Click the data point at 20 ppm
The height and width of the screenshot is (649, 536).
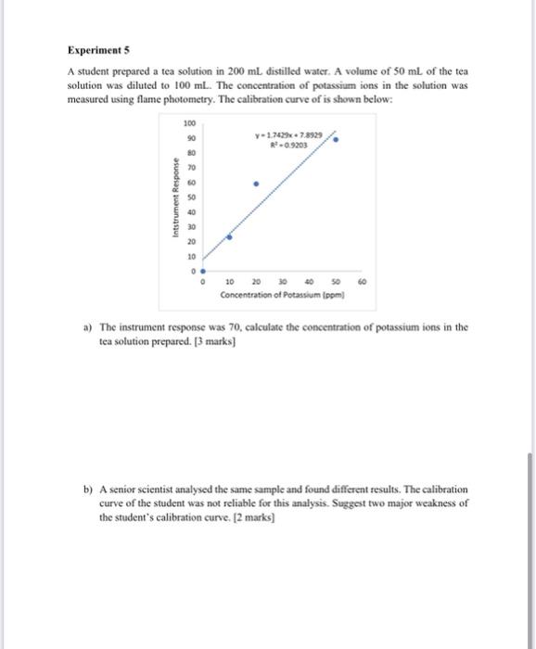(257, 184)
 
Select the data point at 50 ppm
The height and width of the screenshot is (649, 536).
(336, 140)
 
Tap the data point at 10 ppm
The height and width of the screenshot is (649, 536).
(230, 237)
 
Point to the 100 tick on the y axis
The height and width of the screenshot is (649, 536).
(189, 123)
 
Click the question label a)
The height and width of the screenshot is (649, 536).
(87, 327)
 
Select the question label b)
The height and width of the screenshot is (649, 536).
(87, 488)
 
